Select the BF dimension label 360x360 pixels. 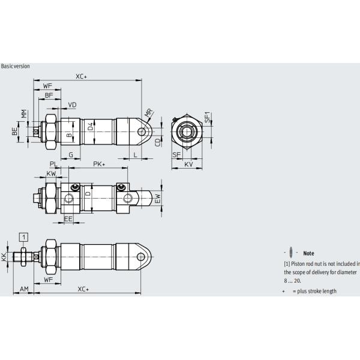49,95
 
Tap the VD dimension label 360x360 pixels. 72,105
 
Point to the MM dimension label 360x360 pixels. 23,113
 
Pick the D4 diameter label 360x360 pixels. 91,127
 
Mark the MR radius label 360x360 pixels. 148,113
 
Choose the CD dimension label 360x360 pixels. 158,142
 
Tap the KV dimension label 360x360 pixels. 188,164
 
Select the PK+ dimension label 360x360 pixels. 99,164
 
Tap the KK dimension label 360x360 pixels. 5,257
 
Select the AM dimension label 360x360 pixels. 24,289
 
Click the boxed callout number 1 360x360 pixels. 23,236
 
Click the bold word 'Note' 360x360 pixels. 309,253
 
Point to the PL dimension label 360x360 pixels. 53,164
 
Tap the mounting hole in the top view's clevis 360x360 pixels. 143,131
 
